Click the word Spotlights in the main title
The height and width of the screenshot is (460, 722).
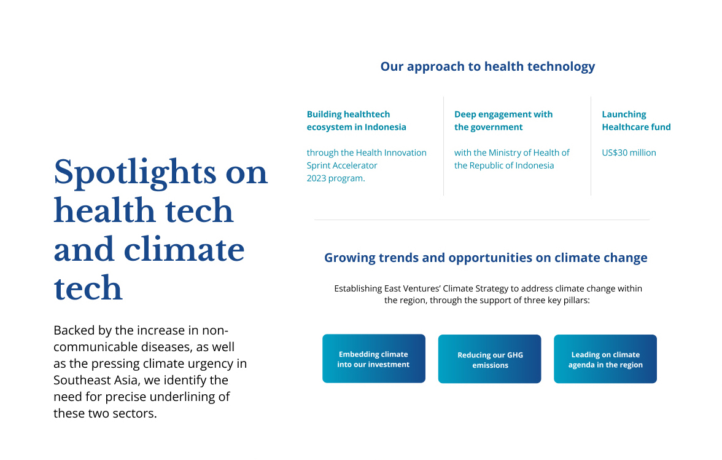135,173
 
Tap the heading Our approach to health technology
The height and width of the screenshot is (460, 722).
487,67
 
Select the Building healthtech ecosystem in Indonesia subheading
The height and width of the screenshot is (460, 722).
356,121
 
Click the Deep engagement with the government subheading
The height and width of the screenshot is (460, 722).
503,121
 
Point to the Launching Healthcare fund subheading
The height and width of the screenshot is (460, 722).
636,121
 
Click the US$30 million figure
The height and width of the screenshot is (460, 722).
629,153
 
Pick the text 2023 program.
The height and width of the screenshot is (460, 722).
336,178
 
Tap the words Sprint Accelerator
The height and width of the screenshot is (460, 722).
341,165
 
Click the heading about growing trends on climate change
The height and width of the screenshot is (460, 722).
486,258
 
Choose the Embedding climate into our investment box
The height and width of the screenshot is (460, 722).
374,359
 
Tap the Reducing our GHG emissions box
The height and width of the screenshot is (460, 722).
489,359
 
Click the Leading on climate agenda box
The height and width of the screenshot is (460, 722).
605,359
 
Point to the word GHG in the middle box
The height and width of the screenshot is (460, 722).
514,355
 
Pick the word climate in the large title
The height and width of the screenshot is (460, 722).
184,250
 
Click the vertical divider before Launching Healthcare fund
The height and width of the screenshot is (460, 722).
591,146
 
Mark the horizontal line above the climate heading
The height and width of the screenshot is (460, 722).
481,220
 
